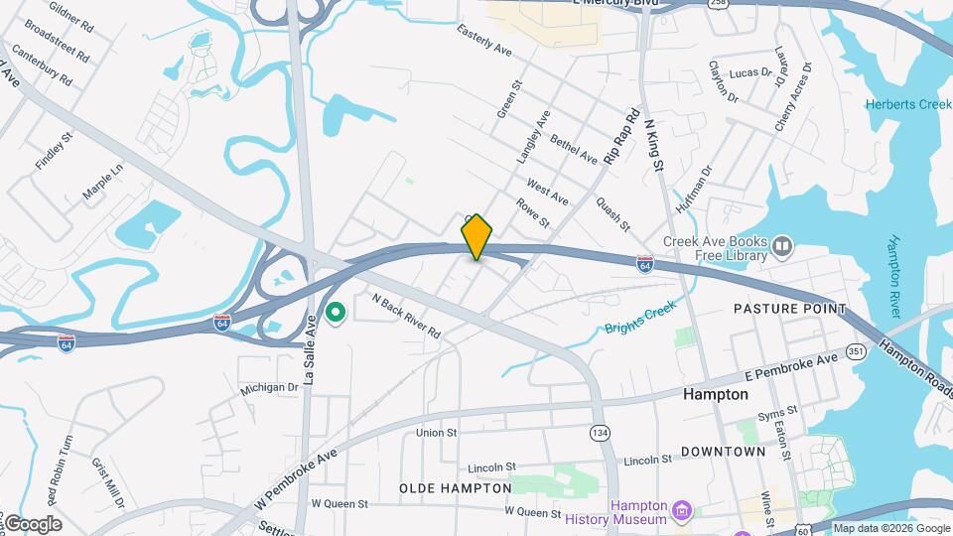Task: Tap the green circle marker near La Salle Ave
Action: point(336,314)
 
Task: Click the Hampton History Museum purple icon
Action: point(681,512)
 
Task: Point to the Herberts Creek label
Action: point(907,105)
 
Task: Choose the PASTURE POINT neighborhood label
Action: point(789,309)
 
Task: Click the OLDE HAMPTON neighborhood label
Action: point(456,488)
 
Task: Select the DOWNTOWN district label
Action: point(723,452)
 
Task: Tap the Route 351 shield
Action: point(856,350)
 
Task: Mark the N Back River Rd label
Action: point(405,316)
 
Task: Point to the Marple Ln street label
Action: point(102,184)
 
